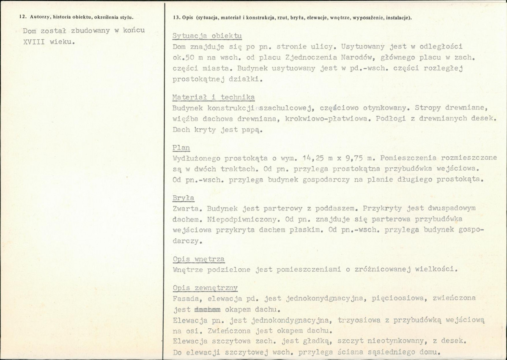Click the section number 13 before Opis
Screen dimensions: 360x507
(176, 17)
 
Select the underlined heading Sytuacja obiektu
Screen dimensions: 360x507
(208, 35)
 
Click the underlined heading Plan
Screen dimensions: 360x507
(181, 148)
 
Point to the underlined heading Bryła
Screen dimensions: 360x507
(184, 198)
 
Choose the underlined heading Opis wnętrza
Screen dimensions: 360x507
(199, 259)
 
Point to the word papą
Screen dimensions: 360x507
(252, 129)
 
